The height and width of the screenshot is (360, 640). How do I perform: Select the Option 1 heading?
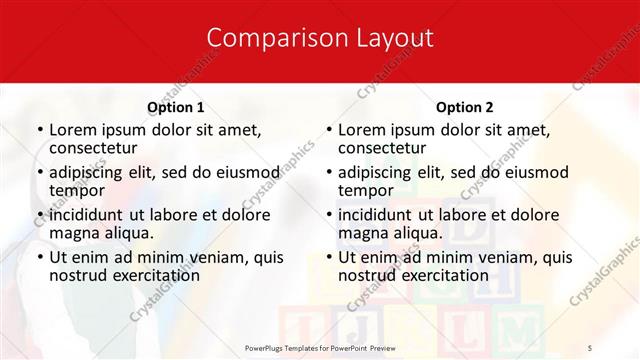coord(175,107)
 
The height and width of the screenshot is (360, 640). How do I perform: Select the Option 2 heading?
coord(464,107)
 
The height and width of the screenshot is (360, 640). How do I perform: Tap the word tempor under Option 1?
coord(76,191)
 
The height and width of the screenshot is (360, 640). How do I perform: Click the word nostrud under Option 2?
coord(367,275)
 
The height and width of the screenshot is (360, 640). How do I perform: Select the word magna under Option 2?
coord(364,233)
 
